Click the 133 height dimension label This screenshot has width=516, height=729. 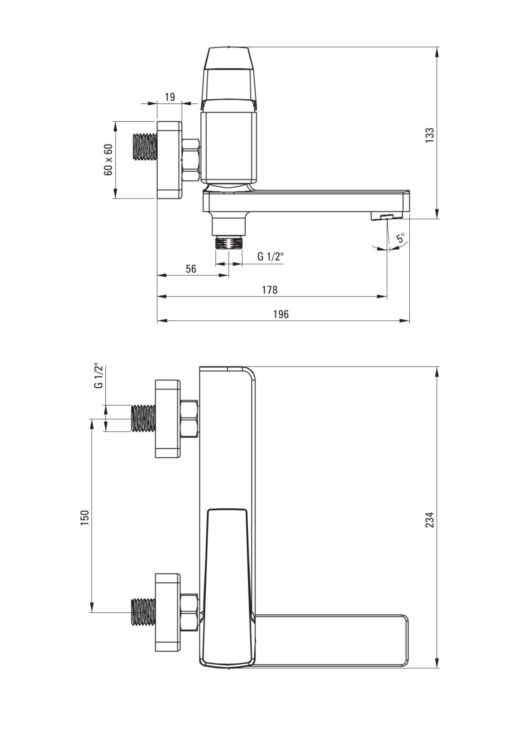(430, 135)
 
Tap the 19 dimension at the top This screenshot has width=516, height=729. (170, 97)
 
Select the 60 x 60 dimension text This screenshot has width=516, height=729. (108, 159)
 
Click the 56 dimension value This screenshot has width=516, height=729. (191, 269)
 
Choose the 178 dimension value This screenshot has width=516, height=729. (270, 290)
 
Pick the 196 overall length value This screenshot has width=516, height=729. (281, 314)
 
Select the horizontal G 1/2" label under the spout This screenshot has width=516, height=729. (271, 257)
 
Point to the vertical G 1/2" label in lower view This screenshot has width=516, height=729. (98, 375)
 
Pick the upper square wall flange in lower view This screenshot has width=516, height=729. (168, 419)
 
